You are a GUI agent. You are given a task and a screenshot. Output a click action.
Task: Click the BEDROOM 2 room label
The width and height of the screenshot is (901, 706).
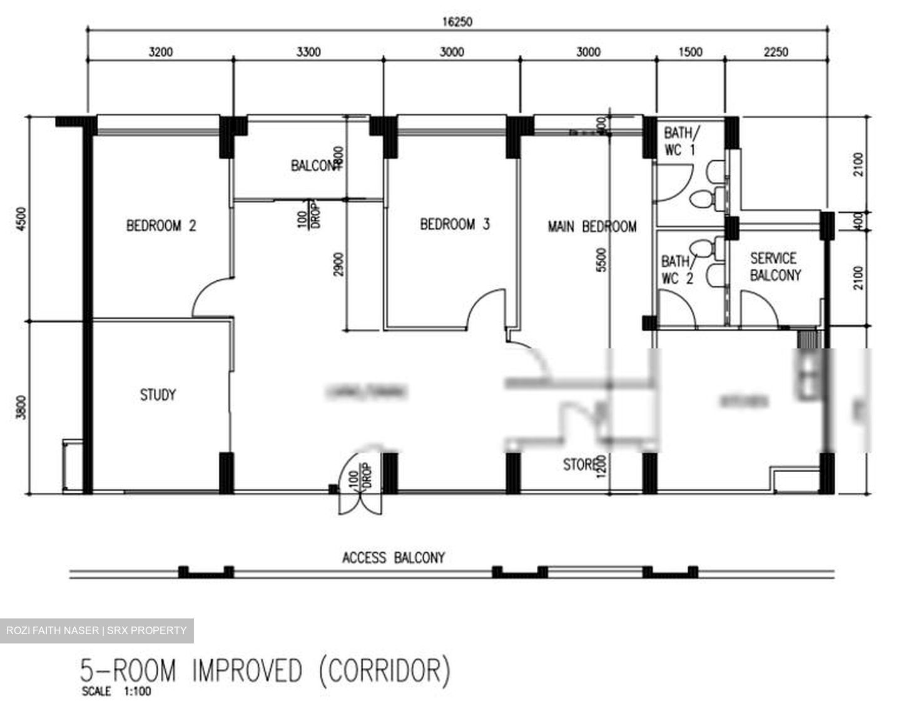coord(161,225)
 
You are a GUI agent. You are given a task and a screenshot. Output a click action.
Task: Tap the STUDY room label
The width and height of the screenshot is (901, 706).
coord(158,395)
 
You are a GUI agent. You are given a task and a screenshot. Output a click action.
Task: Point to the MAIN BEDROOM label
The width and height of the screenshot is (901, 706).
coord(592,226)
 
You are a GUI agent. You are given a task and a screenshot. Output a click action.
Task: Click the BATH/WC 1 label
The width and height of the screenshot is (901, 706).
coord(680,141)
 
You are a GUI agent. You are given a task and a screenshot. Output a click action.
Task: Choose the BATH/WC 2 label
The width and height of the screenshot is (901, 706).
coord(677,270)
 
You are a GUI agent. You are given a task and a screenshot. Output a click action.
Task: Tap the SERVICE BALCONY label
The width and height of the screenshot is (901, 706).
coord(775,266)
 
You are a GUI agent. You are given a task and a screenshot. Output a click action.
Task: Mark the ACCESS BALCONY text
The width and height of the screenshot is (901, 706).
coord(393,557)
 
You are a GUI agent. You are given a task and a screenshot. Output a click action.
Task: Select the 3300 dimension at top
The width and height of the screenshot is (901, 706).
coord(308,51)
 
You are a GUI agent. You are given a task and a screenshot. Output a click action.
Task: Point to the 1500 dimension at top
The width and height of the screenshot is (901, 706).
coord(690,51)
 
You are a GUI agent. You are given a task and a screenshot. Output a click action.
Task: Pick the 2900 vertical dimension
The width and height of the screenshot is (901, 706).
coord(339,265)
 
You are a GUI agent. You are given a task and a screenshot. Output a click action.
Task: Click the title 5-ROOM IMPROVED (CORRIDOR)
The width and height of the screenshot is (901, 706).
coord(265,671)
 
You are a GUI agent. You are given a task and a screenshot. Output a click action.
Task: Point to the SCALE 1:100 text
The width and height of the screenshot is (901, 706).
coord(116,692)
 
